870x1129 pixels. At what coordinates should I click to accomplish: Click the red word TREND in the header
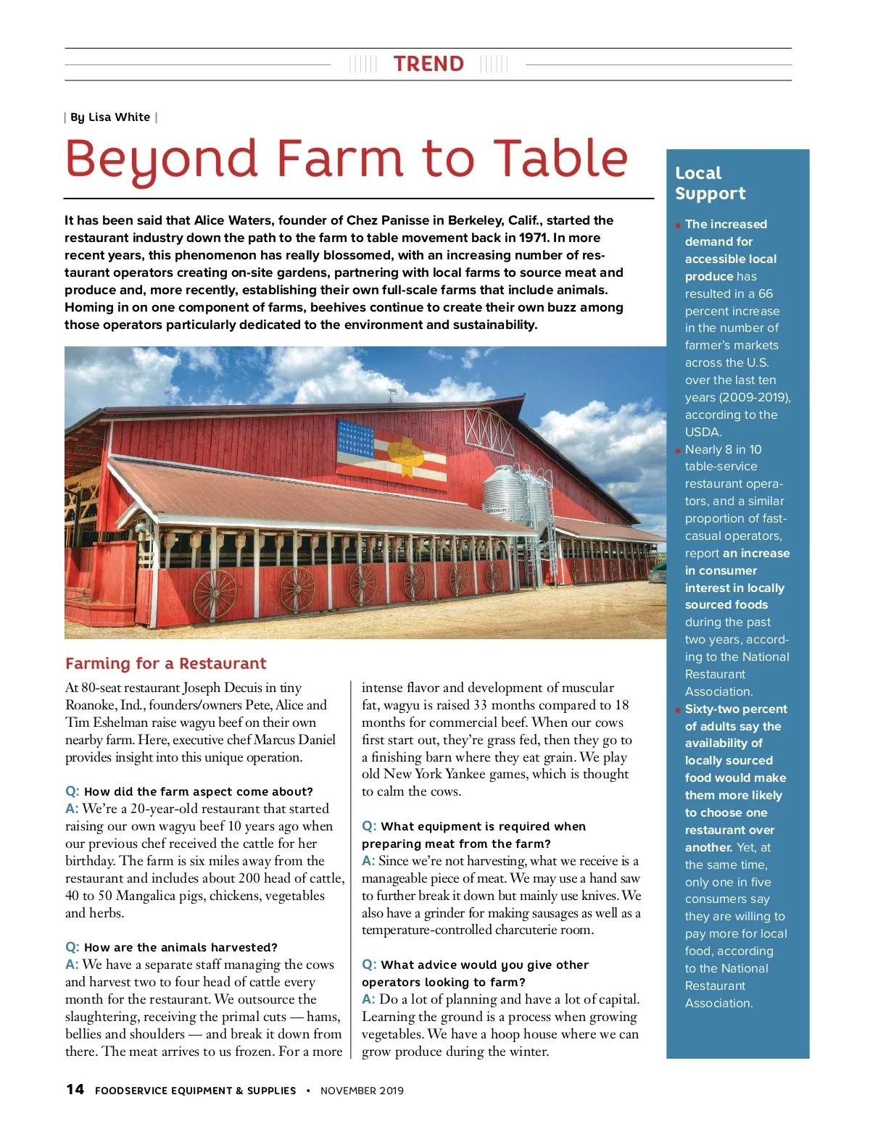coord(428,64)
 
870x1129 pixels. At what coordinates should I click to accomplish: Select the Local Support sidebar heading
coord(700,183)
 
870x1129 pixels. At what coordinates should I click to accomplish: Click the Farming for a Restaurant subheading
coord(165,664)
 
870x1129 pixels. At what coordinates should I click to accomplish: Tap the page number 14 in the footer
coord(75,1089)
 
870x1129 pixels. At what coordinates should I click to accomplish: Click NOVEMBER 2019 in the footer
coord(362,1091)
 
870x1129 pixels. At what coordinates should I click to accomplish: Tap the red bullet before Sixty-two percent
coord(679,710)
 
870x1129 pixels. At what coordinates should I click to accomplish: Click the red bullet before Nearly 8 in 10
coord(679,451)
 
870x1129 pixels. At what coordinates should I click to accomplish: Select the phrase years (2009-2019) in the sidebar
coord(737,397)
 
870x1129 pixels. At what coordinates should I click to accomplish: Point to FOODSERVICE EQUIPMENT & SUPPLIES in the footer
coord(195,1091)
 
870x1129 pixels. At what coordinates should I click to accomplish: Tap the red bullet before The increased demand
coord(679,225)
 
